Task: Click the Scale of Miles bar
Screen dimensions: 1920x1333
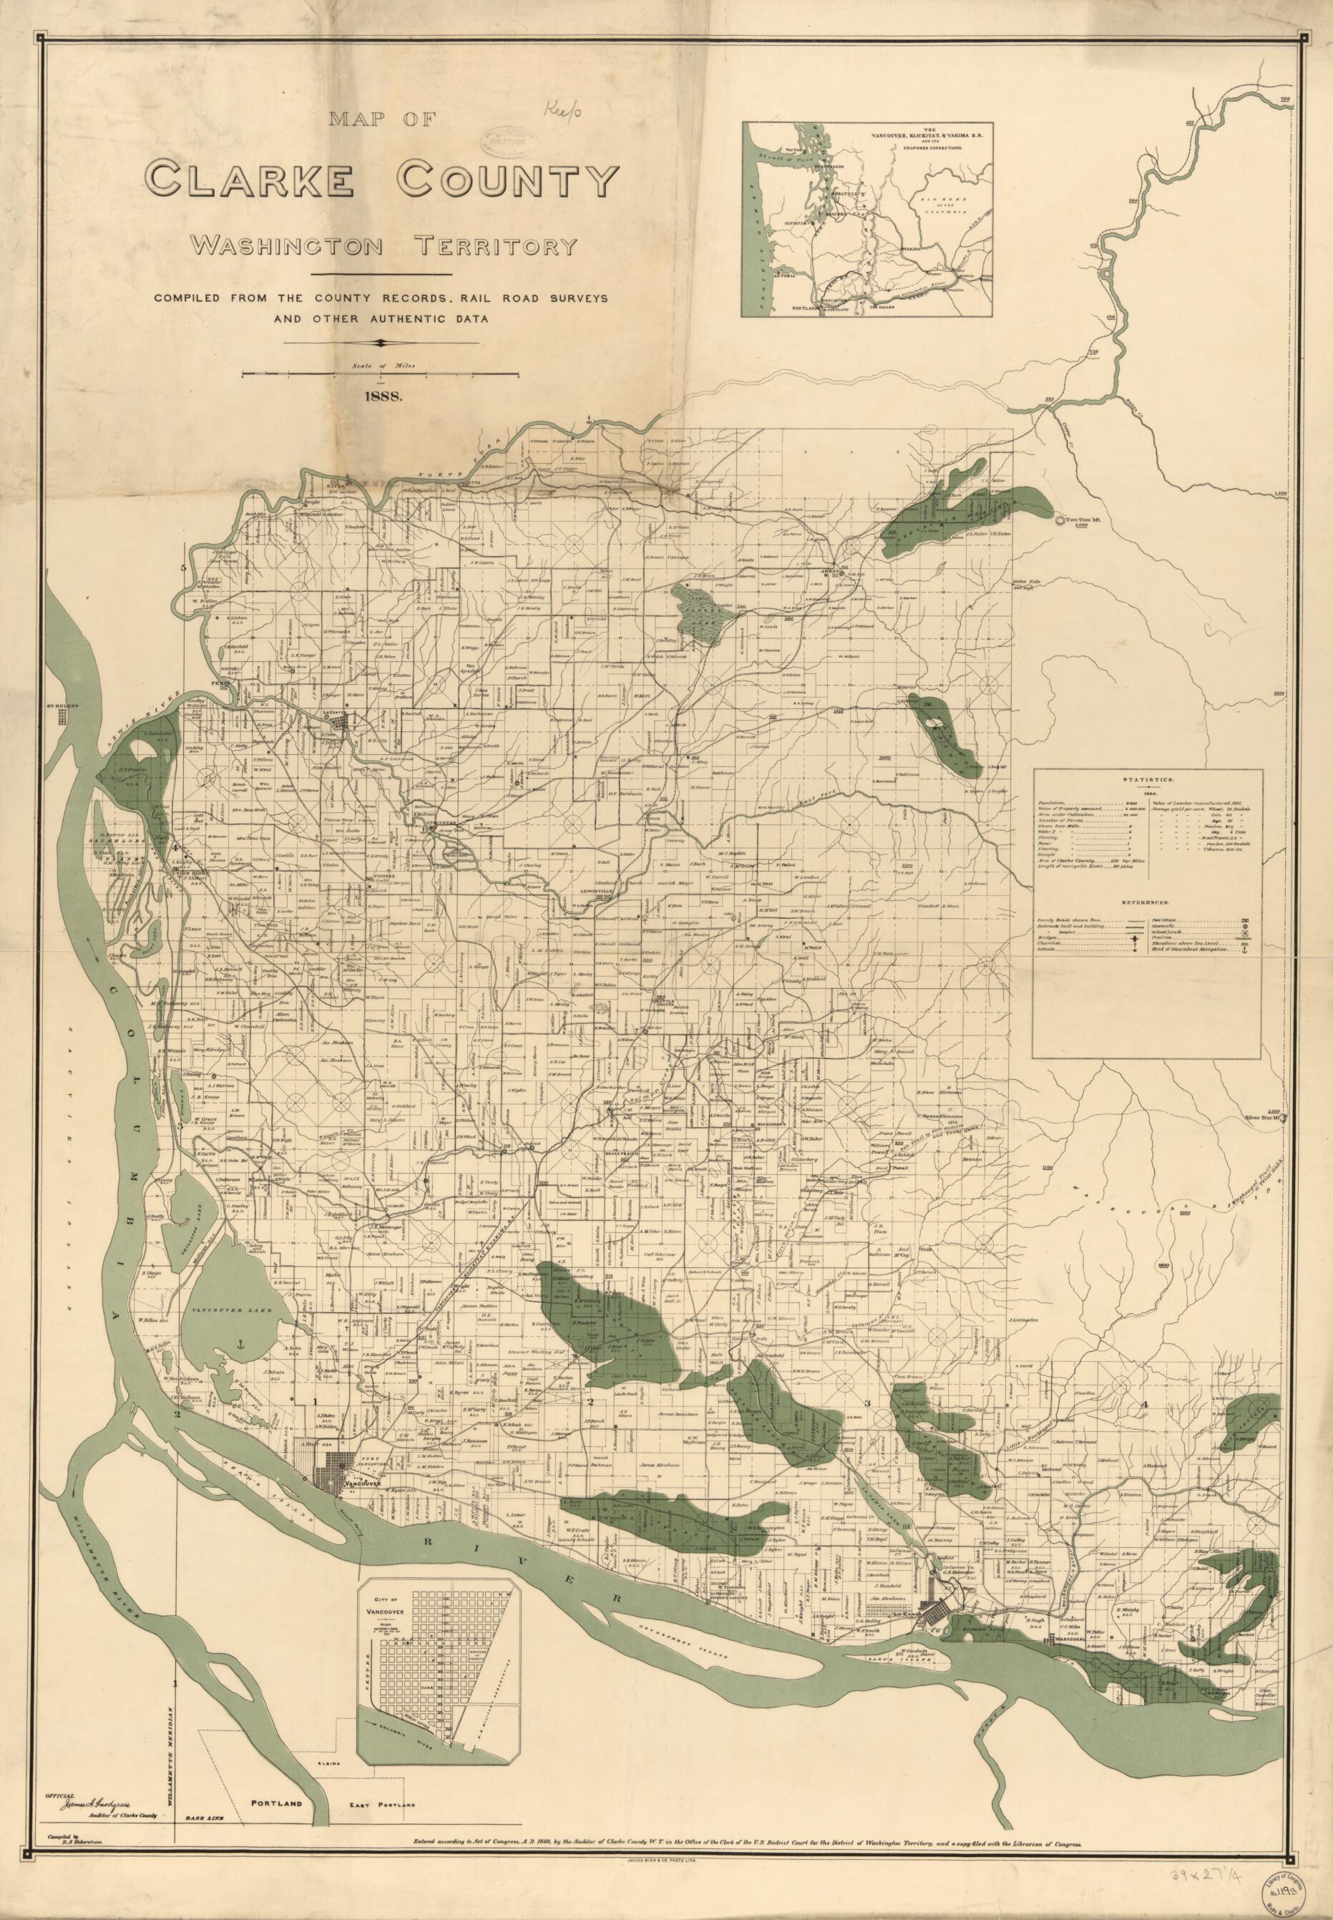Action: pyautogui.click(x=381, y=376)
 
